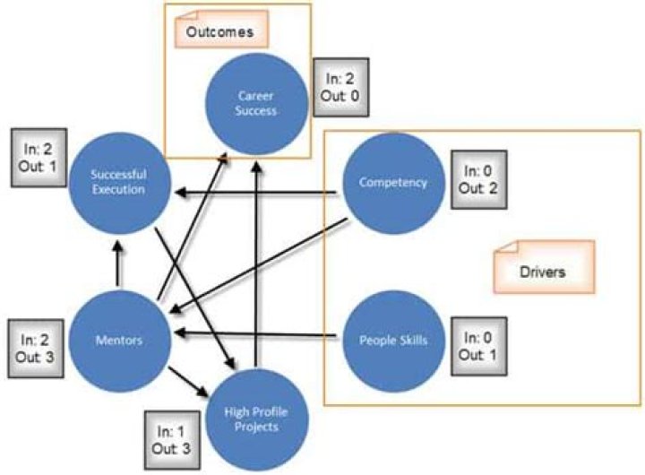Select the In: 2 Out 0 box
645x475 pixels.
tap(340, 88)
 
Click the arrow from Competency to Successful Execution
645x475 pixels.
tap(260, 192)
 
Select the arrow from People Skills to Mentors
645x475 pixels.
tap(260, 336)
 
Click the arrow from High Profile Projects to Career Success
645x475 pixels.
tap(258, 260)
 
